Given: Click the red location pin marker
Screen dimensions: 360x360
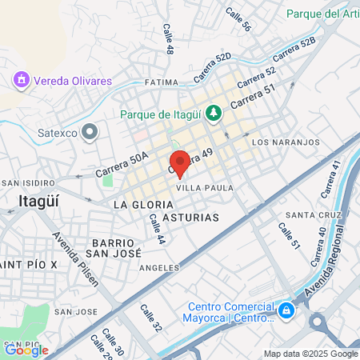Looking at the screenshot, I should (x=179, y=162).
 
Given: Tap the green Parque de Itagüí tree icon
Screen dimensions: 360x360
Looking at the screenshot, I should (x=212, y=114).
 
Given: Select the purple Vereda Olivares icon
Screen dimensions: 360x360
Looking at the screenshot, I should (x=21, y=80).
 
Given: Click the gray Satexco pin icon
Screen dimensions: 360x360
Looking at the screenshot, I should (x=90, y=131).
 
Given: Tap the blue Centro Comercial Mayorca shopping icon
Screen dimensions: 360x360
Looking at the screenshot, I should (x=286, y=309).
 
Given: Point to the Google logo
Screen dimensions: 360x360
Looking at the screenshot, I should (x=26, y=350).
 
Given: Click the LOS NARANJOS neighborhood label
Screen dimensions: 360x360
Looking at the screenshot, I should (x=286, y=142).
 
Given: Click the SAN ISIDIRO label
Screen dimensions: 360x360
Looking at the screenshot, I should (x=21, y=182).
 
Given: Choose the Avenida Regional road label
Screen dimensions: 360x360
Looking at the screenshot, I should (x=337, y=265).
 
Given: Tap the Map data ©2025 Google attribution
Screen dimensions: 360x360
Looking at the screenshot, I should (x=311, y=354).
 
